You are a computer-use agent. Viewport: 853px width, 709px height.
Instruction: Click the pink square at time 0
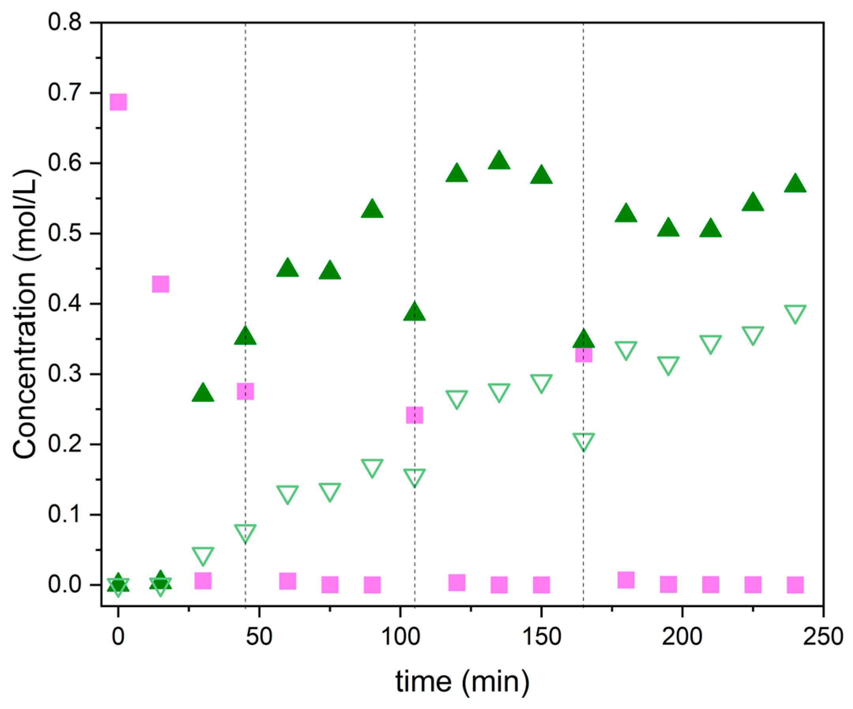coord(118,102)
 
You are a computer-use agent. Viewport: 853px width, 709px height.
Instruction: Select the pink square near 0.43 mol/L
coord(160,284)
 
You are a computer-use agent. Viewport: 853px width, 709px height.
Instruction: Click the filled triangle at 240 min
coord(795,184)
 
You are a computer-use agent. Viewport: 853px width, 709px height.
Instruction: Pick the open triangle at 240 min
coord(795,313)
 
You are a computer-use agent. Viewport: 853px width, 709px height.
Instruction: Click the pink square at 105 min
coord(414,415)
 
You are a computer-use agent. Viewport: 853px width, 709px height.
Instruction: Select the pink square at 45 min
coord(245,391)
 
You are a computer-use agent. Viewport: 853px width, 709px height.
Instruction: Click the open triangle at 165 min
coord(584,441)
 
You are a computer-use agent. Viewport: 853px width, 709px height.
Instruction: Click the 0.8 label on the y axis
coord(65,23)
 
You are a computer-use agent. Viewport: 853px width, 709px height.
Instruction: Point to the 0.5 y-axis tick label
coord(65,233)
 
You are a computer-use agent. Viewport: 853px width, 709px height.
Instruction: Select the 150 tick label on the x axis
coord(541,637)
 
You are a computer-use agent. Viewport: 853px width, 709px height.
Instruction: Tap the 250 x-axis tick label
coord(823,637)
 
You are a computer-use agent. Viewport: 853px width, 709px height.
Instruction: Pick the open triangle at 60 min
coord(287,493)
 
